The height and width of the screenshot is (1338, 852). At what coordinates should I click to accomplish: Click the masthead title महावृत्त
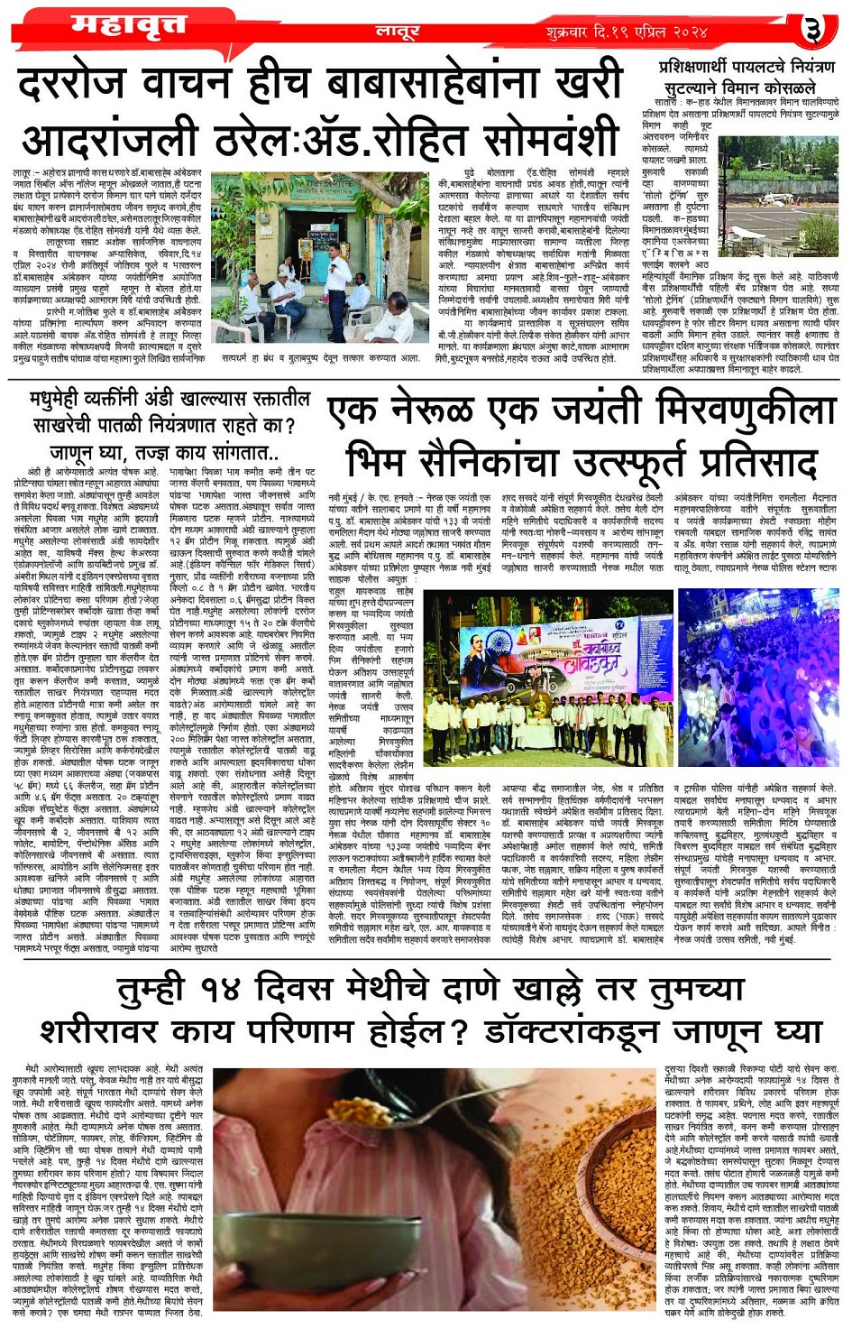point(128,25)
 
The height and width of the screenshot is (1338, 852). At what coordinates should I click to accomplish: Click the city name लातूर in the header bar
point(397,32)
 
